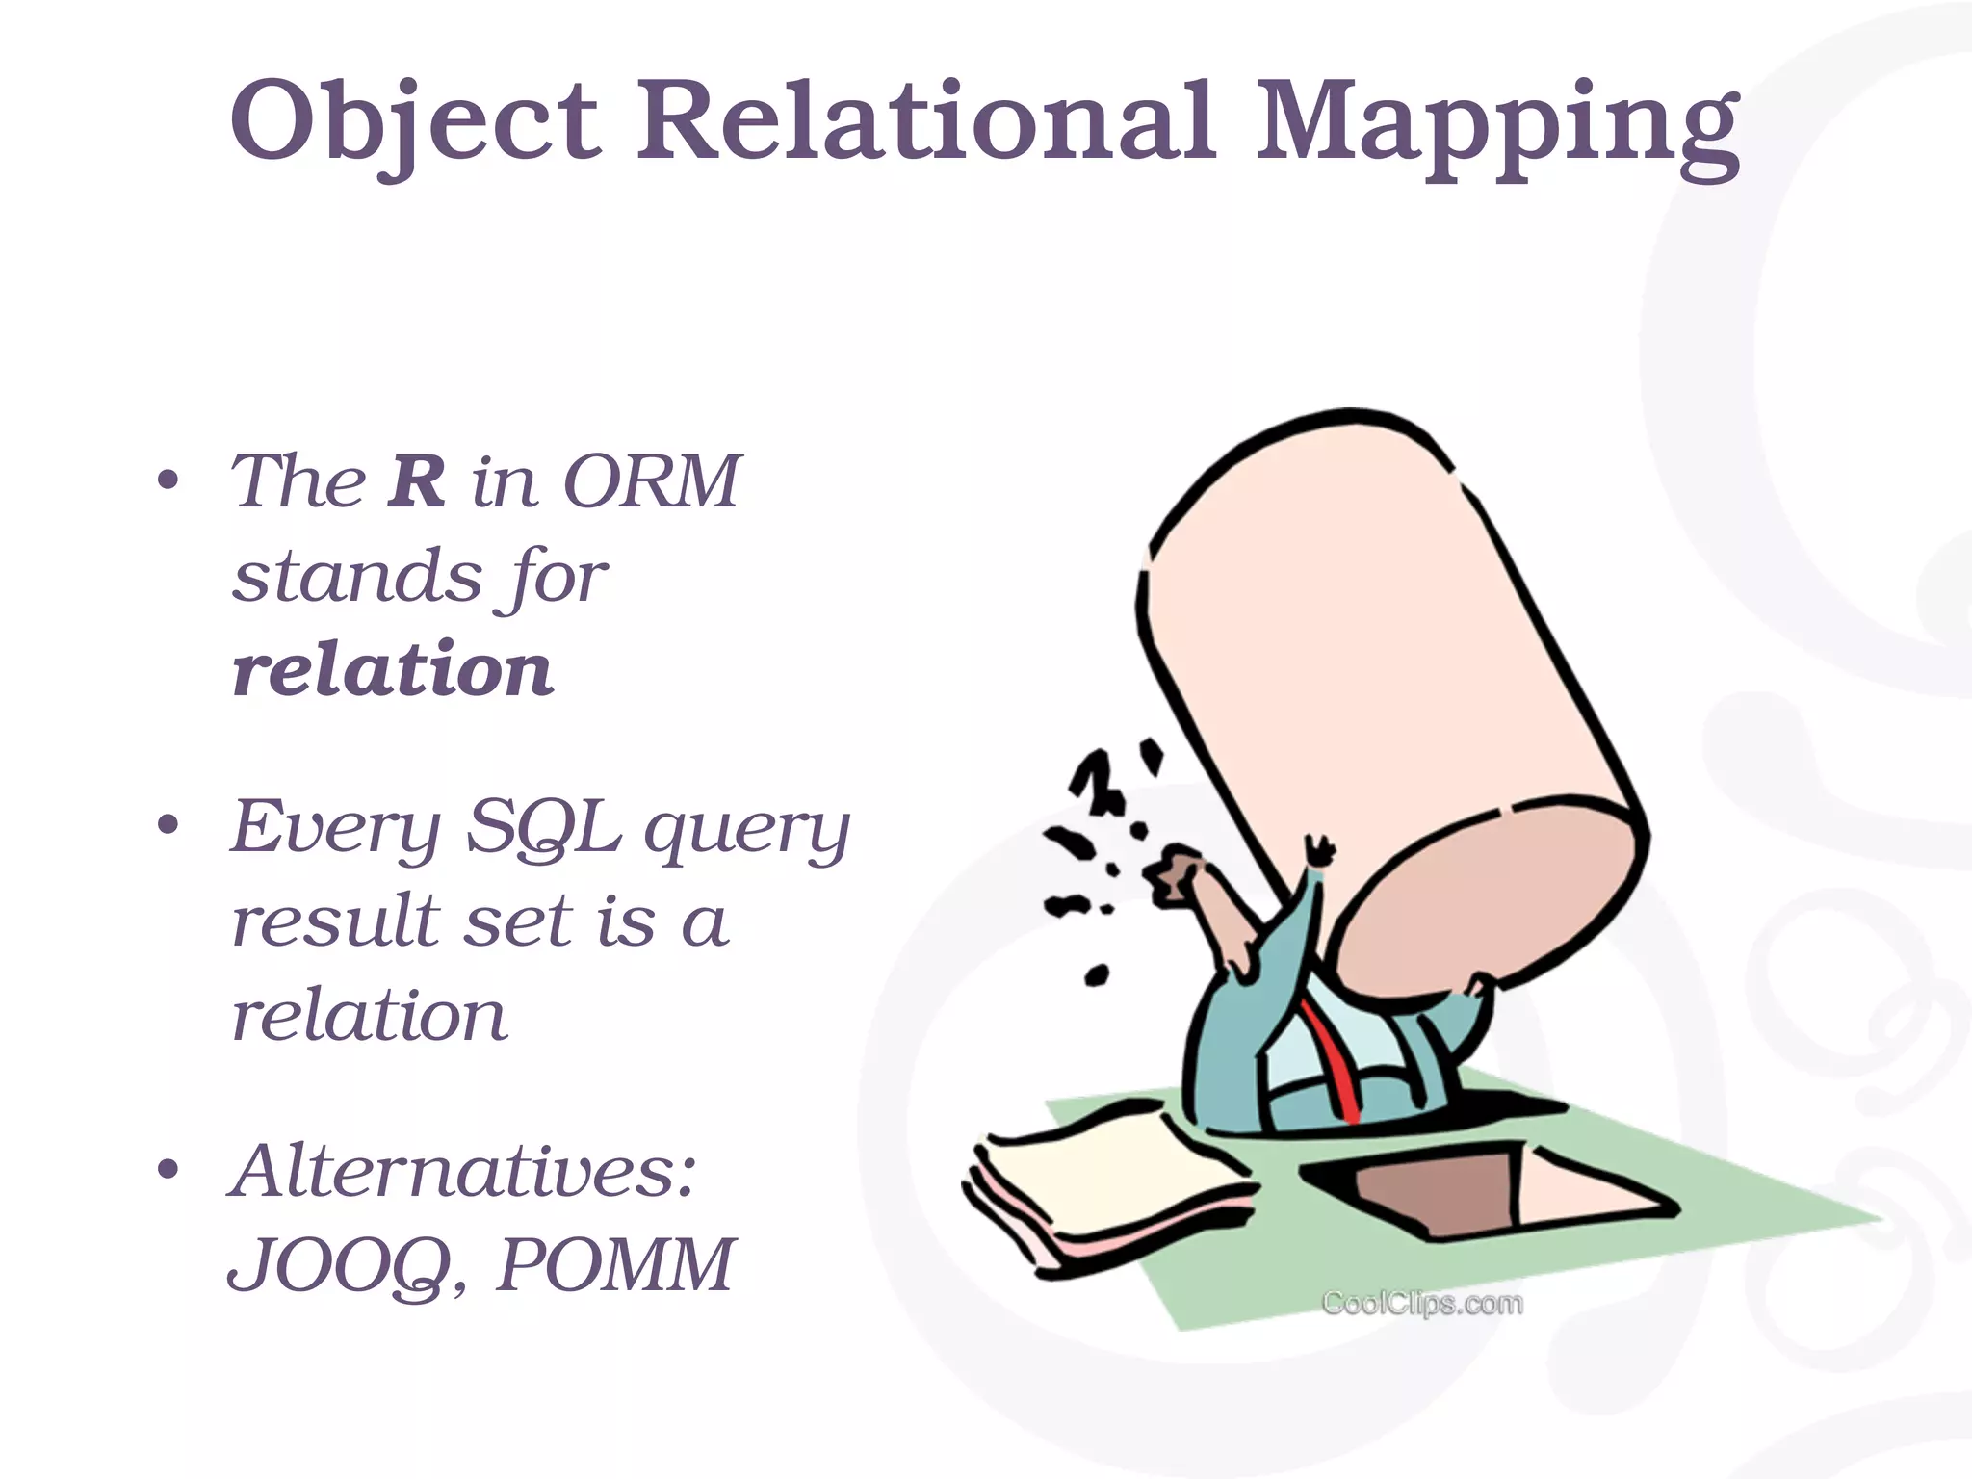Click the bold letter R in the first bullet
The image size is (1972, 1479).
(417, 480)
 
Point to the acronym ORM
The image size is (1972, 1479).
(652, 480)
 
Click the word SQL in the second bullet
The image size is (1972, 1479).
(542, 827)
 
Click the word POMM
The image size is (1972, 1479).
(615, 1264)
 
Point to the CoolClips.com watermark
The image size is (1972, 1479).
(1422, 1304)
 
